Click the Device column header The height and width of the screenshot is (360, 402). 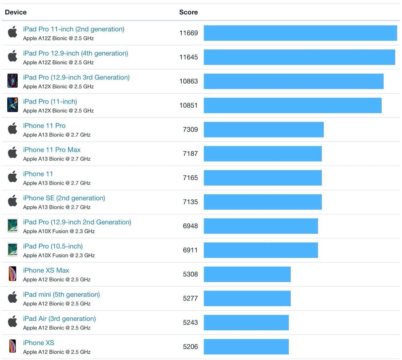16,12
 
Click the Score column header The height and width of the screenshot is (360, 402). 188,12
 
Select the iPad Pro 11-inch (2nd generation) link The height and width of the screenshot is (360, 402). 73,29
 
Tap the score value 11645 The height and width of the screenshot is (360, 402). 188,57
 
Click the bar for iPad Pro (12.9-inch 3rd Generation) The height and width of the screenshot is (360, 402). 293,81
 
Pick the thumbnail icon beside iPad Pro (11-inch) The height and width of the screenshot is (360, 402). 13,105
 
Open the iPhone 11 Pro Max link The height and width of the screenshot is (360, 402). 52,150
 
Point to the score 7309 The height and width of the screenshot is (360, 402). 190,130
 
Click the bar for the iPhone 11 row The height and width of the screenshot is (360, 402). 262,178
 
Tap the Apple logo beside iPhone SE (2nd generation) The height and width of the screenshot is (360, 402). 13,201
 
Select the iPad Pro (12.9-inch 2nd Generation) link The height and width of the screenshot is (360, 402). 77,222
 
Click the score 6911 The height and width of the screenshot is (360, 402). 190,250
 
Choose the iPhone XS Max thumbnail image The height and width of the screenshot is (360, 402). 13,274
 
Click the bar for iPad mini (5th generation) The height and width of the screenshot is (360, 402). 247,298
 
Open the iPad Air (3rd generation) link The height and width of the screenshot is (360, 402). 59,319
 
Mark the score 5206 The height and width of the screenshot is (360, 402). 190,347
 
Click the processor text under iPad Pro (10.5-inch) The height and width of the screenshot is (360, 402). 59,255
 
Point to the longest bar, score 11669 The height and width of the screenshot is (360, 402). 300,33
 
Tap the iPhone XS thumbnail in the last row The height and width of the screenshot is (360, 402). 13,346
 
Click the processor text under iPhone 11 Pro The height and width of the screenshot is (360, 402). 57,135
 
